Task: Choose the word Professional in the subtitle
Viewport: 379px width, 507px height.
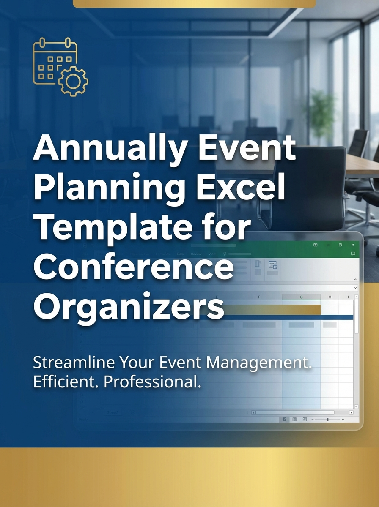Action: [151, 382]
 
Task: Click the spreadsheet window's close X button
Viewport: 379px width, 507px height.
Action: [353, 245]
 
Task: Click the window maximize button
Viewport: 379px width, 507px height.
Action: [340, 245]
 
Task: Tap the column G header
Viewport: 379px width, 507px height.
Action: [301, 297]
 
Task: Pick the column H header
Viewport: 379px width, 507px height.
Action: [330, 297]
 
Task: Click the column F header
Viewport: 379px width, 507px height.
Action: [259, 297]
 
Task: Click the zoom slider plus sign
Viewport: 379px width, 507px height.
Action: [343, 420]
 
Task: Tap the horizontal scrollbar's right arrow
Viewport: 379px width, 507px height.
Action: [351, 412]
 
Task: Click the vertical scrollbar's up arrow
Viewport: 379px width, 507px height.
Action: [356, 297]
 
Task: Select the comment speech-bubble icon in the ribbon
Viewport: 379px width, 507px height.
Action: [353, 254]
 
